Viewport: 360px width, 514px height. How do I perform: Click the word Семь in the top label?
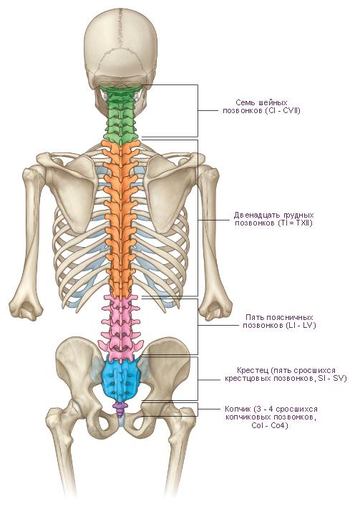(245, 103)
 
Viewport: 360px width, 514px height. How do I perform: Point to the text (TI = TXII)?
(294, 223)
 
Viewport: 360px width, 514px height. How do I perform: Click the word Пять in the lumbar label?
(255, 318)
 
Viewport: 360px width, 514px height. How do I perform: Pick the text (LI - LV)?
(301, 326)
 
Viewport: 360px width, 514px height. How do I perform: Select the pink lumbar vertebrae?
(122, 328)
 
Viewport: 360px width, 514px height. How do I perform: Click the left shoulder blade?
(73, 190)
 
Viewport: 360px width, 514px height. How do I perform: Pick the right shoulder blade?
(170, 190)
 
